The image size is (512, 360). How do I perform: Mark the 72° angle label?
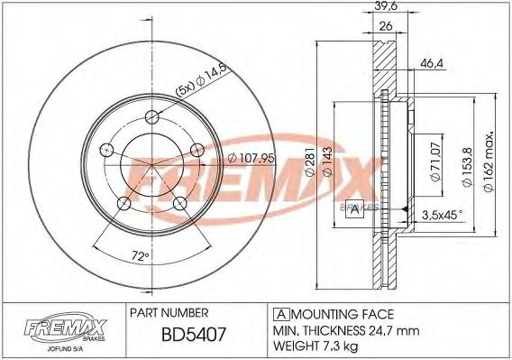point(138,256)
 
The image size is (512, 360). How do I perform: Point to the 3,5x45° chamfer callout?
point(442,216)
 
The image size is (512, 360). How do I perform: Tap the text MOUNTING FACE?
point(337,313)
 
